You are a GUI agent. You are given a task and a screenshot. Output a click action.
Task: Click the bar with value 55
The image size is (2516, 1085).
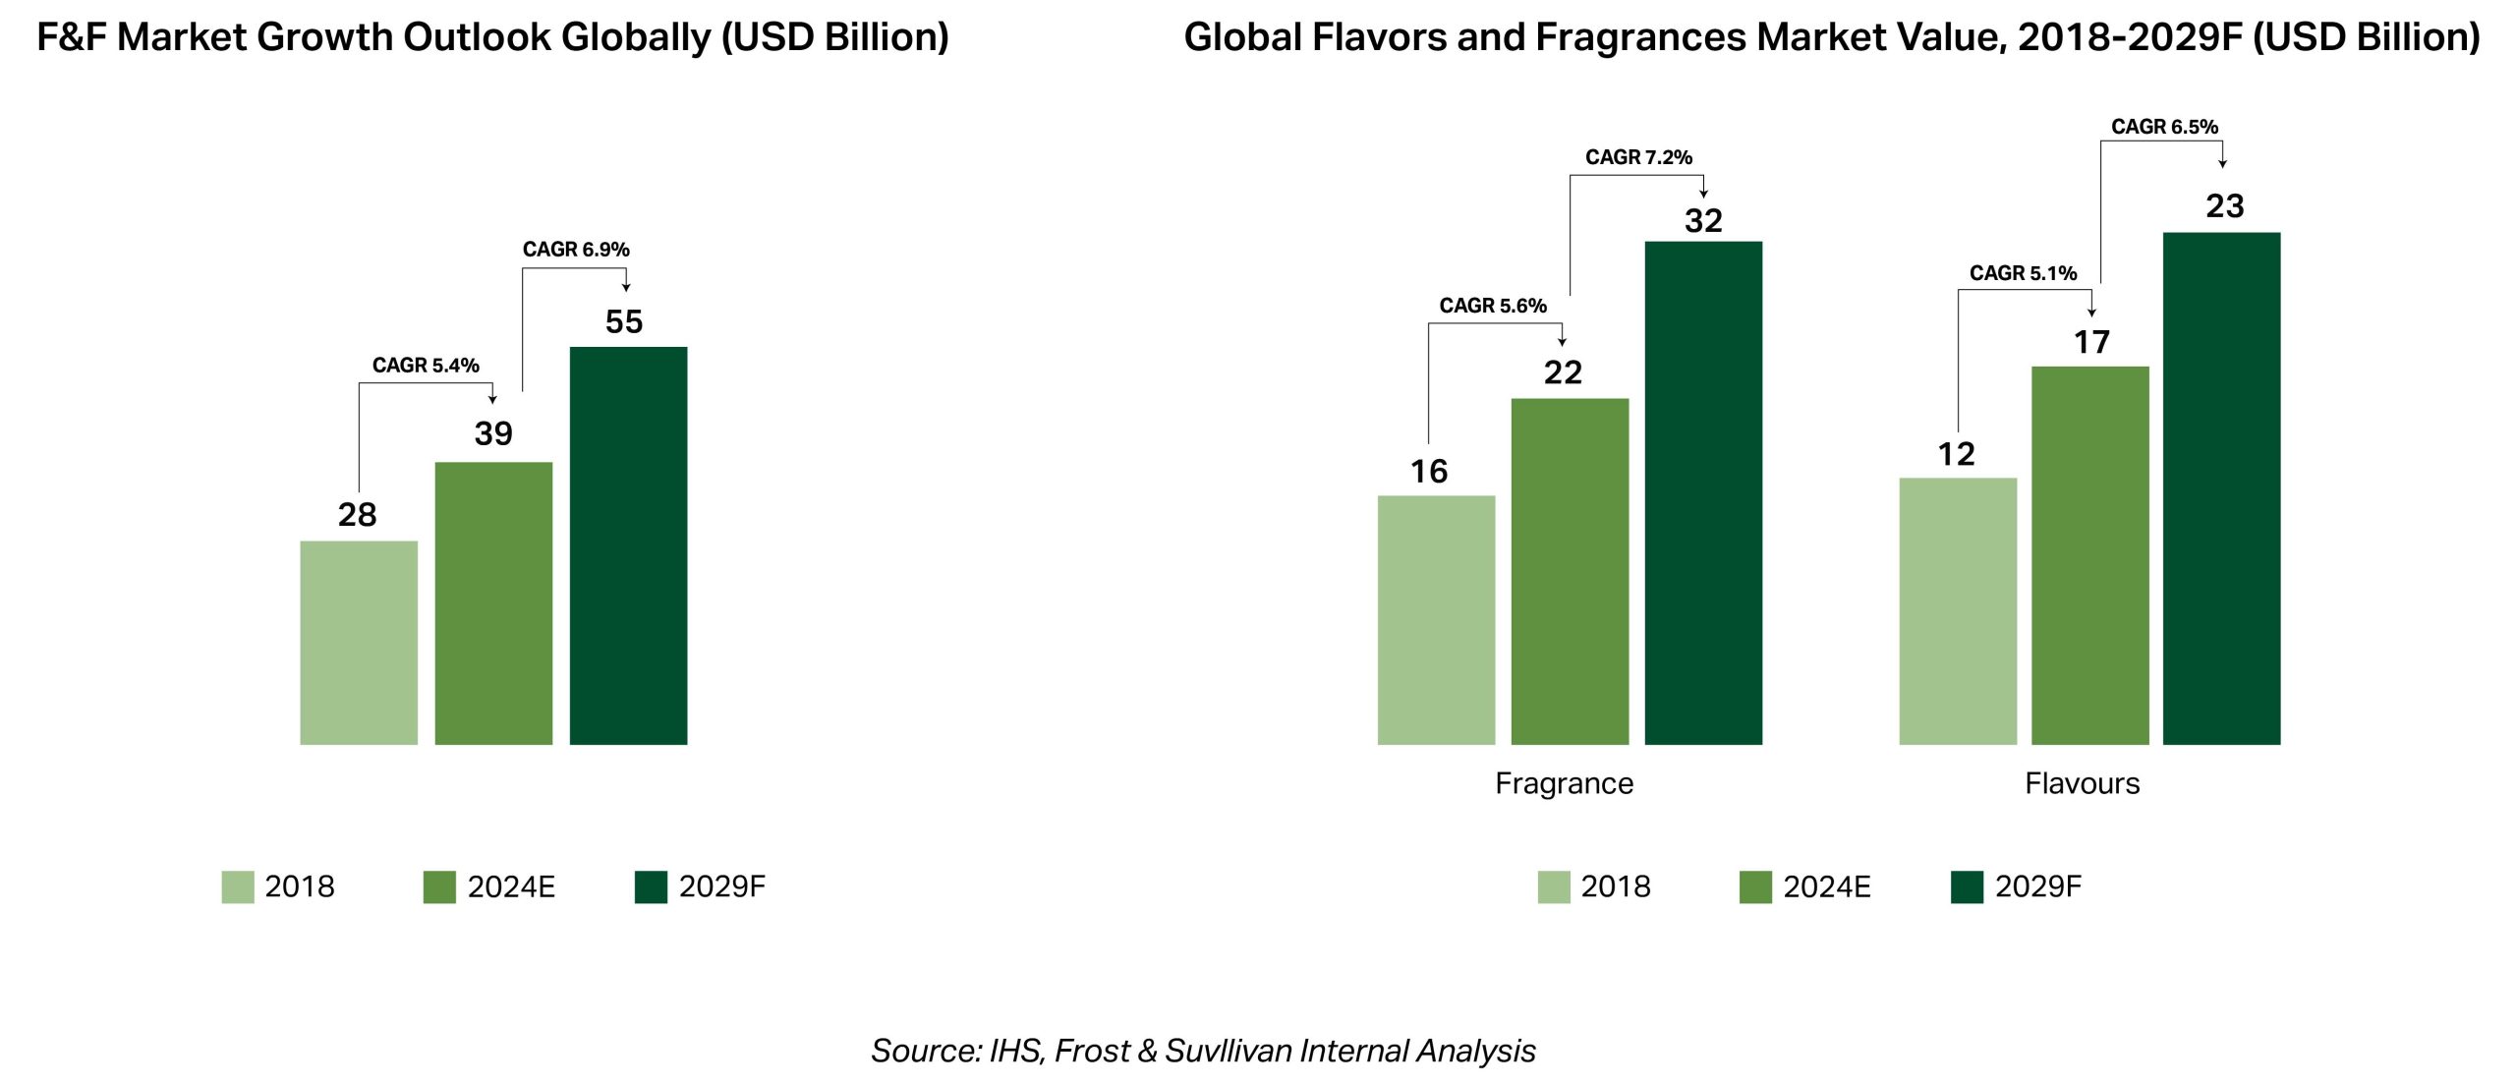pyautogui.click(x=628, y=545)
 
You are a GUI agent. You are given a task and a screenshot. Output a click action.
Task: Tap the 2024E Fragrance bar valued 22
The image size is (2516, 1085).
pyautogui.click(x=1570, y=571)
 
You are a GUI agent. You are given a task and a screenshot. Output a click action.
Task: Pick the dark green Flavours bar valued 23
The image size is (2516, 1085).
pyautogui.click(x=2221, y=488)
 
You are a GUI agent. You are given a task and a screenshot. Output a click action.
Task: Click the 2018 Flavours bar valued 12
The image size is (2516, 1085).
pyautogui.click(x=1958, y=610)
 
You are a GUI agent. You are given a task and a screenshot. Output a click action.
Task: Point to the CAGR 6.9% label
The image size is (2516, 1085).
pyautogui.click(x=576, y=250)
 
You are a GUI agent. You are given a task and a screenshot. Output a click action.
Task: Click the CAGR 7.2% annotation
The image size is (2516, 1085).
pyautogui.click(x=1638, y=157)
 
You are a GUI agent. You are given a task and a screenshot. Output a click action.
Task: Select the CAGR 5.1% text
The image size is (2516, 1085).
pyautogui.click(x=2023, y=273)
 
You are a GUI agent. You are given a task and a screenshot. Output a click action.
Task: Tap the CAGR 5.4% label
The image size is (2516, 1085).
pyautogui.click(x=426, y=366)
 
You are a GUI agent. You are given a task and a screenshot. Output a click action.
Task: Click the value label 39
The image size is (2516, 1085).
pyautogui.click(x=493, y=433)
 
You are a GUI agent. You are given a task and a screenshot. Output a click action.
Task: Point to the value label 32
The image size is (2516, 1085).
pyautogui.click(x=1703, y=221)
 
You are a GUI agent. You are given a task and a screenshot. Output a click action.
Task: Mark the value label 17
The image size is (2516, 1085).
pyautogui.click(x=2091, y=342)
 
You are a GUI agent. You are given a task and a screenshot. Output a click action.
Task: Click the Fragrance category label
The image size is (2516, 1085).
pyautogui.click(x=1564, y=783)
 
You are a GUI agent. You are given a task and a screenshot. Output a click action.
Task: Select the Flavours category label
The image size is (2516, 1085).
pyautogui.click(x=2082, y=783)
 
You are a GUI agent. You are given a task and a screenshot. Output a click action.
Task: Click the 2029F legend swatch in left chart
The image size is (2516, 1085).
pyautogui.click(x=651, y=886)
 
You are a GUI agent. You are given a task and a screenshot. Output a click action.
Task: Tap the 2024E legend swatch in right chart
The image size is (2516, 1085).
pyautogui.click(x=1755, y=886)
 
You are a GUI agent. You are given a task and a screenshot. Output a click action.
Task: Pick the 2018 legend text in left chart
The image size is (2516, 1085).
pyautogui.click(x=300, y=886)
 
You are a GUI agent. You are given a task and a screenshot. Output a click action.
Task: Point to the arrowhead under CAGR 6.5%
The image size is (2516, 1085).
pyautogui.click(x=2222, y=163)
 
